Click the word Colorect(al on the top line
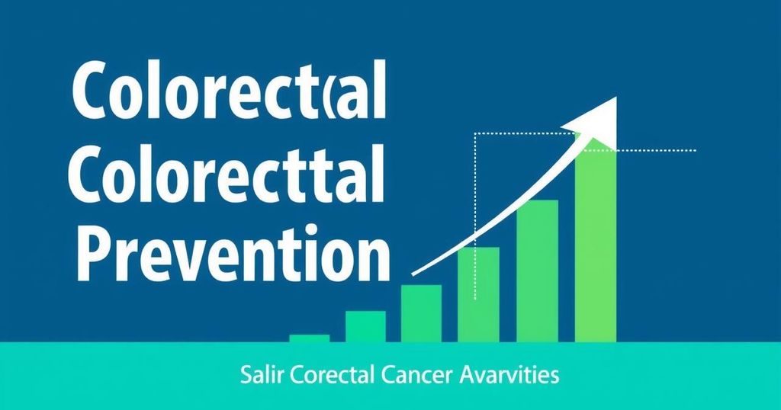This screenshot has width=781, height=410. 229,90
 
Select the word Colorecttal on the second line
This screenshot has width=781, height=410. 227,175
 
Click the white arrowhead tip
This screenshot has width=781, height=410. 616,97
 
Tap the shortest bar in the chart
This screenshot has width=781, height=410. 310,338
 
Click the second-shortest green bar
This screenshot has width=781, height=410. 365,326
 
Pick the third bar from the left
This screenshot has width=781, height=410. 421,313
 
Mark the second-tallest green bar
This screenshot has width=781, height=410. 537,271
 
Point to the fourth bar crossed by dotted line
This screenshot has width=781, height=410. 478,295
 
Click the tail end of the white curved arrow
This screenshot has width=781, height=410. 413,274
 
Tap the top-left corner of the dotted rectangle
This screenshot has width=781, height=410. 475,133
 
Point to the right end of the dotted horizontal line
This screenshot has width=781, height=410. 696,150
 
